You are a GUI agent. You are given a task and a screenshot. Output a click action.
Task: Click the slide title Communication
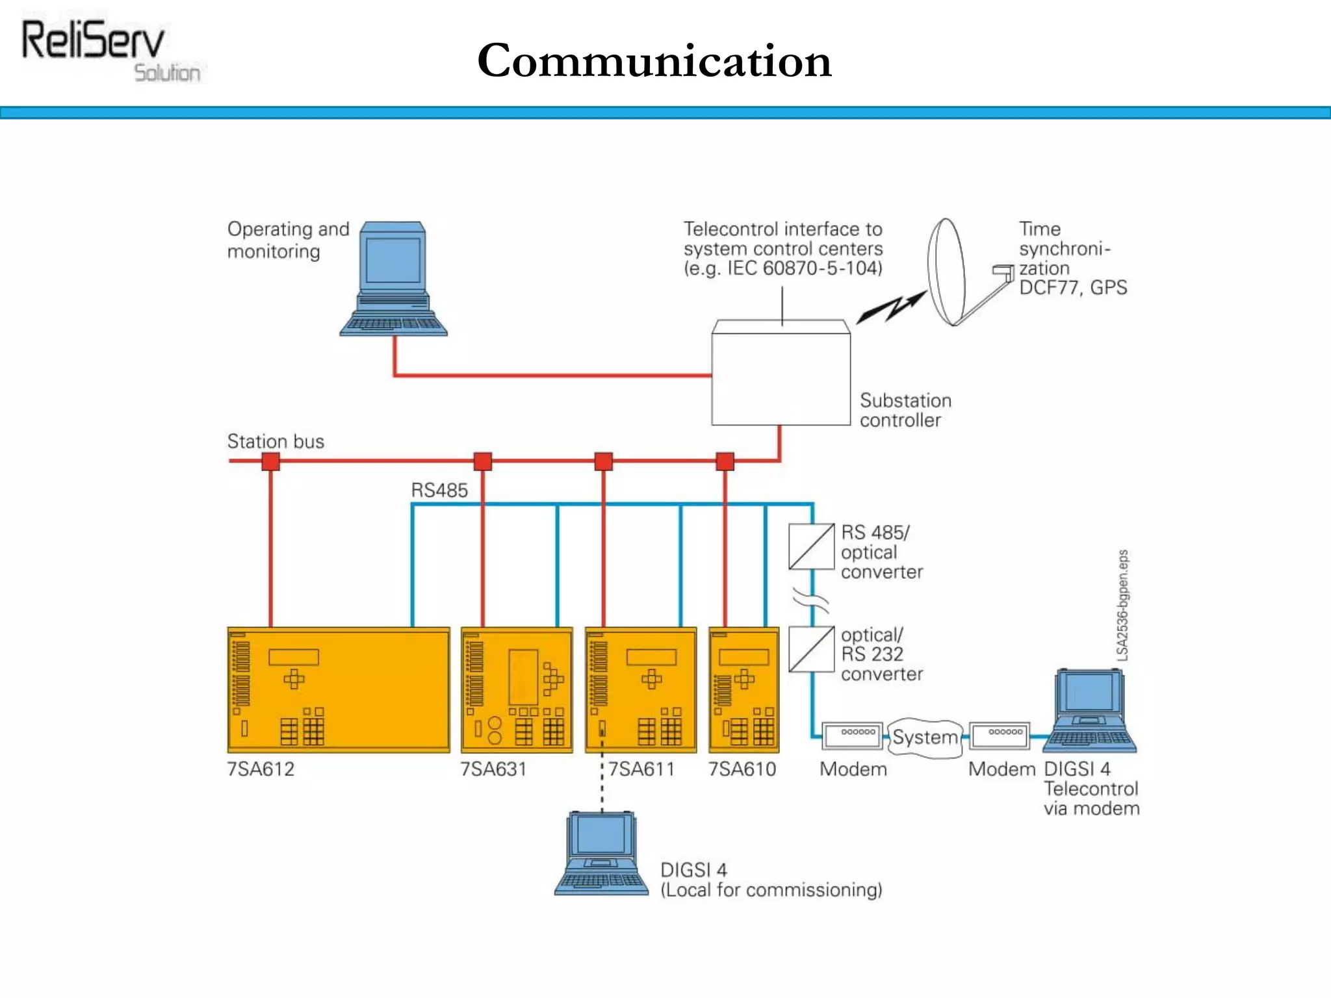tap(654, 60)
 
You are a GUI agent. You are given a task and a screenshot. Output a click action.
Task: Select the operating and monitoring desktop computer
tap(393, 279)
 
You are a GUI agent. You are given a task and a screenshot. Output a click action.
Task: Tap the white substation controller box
tap(781, 374)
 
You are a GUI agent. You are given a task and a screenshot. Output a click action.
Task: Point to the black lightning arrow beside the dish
tap(890, 307)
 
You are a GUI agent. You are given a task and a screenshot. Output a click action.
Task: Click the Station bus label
tap(276, 442)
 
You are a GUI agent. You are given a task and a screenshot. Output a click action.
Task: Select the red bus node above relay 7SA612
tap(270, 462)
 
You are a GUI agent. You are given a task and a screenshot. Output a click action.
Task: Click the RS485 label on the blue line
tap(439, 491)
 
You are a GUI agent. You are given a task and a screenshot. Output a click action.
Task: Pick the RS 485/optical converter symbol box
tap(811, 546)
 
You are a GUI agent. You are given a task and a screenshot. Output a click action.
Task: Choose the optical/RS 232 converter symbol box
tap(811, 649)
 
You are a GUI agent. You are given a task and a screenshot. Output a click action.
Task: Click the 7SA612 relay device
tap(338, 690)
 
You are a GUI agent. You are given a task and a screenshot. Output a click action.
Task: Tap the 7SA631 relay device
tap(517, 690)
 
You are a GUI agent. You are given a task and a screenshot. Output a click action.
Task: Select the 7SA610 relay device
tap(743, 690)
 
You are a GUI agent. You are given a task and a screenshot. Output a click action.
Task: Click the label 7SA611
tap(641, 769)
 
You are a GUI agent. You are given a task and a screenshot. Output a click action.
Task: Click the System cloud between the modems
tap(925, 737)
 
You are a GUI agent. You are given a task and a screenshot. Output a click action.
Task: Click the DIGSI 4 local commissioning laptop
tap(601, 854)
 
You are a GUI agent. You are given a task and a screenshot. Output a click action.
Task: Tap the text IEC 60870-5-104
tap(805, 268)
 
